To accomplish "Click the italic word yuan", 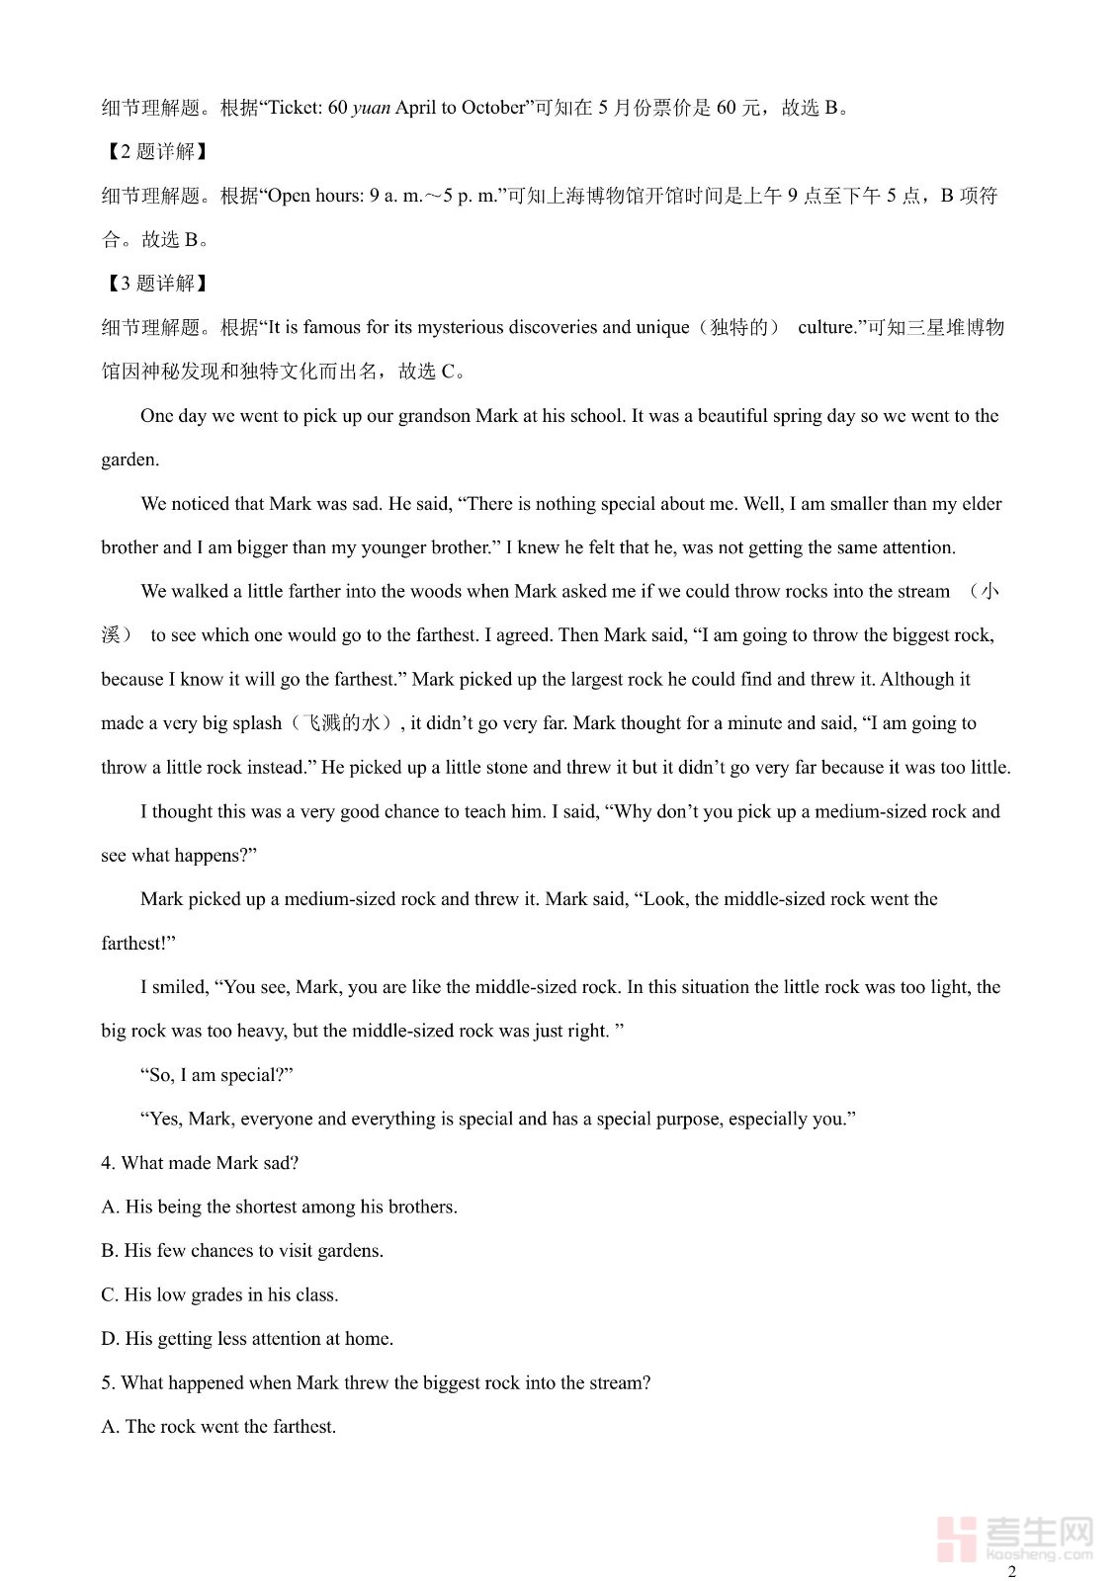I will click(x=371, y=108).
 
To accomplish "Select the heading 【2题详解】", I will click(x=155, y=151).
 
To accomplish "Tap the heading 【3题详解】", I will click(x=155, y=284).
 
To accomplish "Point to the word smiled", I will click(x=182, y=987).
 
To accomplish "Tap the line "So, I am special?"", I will click(x=216, y=1075).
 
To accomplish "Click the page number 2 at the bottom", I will click(x=1011, y=1571).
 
